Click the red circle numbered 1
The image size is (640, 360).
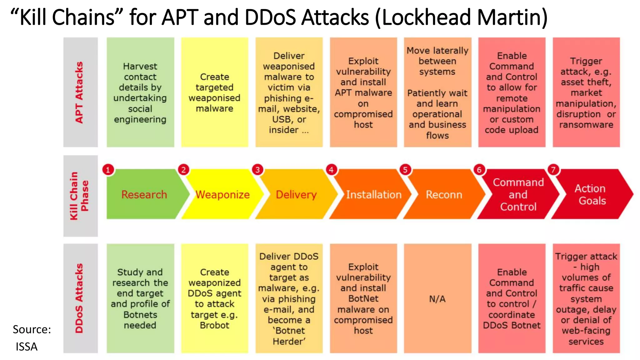(x=108, y=170)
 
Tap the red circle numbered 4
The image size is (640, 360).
(x=331, y=170)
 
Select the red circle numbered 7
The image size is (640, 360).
(x=553, y=170)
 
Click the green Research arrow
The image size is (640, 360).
(x=144, y=194)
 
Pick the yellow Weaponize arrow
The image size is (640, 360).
(x=222, y=194)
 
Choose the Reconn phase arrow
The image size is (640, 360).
(x=444, y=194)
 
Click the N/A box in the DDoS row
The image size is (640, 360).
(x=437, y=299)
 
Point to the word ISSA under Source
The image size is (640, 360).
(x=27, y=347)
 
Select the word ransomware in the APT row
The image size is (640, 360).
(x=586, y=125)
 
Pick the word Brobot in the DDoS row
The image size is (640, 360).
(x=214, y=325)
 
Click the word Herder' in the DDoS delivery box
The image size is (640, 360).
(x=289, y=341)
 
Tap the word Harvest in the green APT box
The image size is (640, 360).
(x=140, y=66)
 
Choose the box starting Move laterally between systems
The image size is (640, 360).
(x=437, y=92)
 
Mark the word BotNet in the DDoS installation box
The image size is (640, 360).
(x=363, y=298)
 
